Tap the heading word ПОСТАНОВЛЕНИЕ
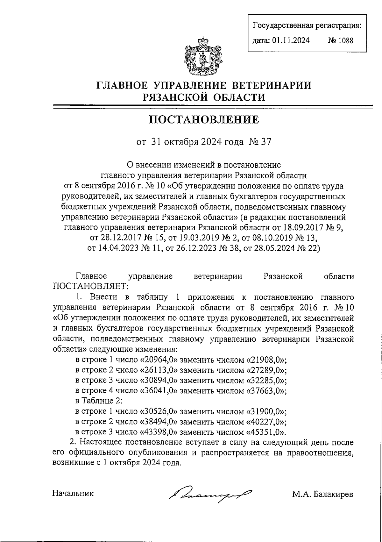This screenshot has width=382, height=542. [x=204, y=120]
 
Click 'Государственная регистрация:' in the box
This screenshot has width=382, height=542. [x=307, y=25]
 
